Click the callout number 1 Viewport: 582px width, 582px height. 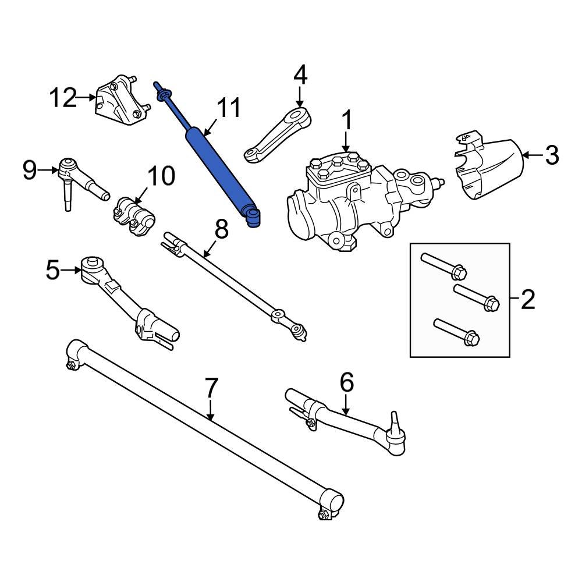346,122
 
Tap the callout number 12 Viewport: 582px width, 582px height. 62,98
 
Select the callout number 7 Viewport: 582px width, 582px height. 211,388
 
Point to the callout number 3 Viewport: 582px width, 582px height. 551,155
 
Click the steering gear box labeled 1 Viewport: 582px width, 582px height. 349,201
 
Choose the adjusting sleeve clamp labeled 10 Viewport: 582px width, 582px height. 134,215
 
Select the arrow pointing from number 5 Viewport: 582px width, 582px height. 70,270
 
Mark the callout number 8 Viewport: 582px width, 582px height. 221,230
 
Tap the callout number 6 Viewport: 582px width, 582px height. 346,382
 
